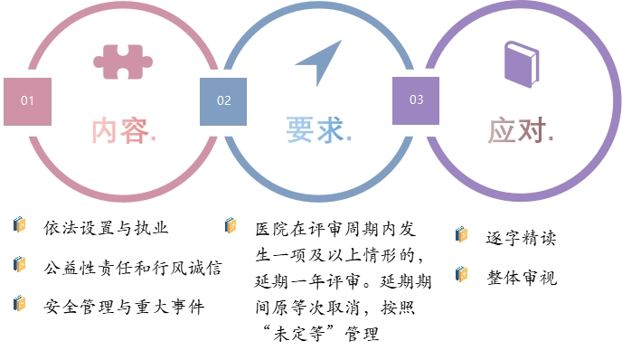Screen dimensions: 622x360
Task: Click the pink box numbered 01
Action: coord(27,100)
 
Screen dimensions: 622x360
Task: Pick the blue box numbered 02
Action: coord(223,100)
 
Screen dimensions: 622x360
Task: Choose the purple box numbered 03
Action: coord(416,99)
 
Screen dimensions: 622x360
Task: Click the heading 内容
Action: coord(123,130)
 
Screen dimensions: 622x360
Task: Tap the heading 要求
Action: coord(318,130)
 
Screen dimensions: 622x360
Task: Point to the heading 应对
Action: coord(520,130)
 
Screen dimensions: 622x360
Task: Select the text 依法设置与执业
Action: coord(106,226)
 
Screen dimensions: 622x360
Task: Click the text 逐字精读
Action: coord(521,238)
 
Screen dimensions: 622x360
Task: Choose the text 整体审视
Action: coord(521,277)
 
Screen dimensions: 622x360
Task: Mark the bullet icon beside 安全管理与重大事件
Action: coord(19,303)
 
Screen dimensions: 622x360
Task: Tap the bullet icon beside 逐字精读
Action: coord(462,235)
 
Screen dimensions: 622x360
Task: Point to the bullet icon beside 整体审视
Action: coord(462,274)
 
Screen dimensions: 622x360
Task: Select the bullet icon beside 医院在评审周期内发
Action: coord(231,225)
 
